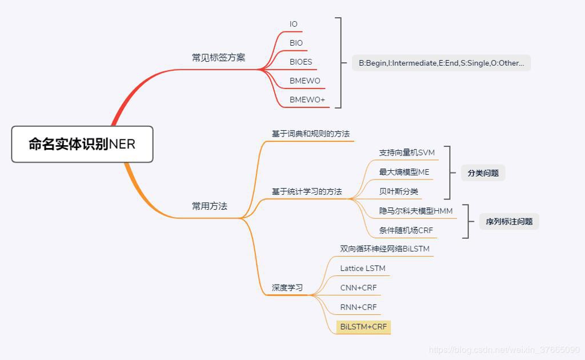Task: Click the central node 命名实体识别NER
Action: point(82,144)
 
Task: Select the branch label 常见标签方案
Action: point(218,58)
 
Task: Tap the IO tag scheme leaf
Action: point(294,24)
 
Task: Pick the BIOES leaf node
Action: point(300,62)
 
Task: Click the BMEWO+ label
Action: point(307,99)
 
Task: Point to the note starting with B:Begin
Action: point(441,63)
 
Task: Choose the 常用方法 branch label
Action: point(210,206)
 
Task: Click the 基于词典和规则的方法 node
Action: point(310,134)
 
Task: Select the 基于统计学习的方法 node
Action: point(306,191)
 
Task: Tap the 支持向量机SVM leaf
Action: point(407,153)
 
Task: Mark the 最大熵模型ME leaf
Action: point(404,172)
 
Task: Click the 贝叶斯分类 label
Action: point(399,191)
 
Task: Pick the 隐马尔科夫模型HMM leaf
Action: point(416,211)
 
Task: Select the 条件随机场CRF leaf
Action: point(406,230)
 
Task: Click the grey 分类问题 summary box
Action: point(483,173)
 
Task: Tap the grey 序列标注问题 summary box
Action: point(509,221)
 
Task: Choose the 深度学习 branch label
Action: point(287,288)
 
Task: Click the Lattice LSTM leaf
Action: point(363,268)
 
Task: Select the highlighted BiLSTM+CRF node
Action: point(363,327)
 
